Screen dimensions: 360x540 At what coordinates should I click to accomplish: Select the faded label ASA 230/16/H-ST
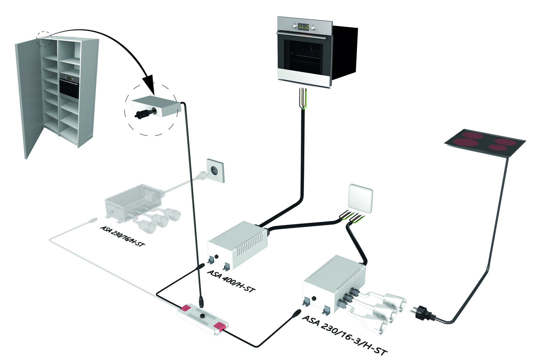tap(122, 236)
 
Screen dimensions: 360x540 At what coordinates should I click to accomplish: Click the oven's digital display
tap(303, 27)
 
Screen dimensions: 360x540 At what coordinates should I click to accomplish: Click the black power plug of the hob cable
tap(423, 314)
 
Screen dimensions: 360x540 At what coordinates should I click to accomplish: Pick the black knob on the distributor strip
tap(202, 315)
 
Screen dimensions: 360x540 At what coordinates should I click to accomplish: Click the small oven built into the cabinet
tap(69, 87)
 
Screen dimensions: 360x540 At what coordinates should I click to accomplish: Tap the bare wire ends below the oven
tap(302, 98)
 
